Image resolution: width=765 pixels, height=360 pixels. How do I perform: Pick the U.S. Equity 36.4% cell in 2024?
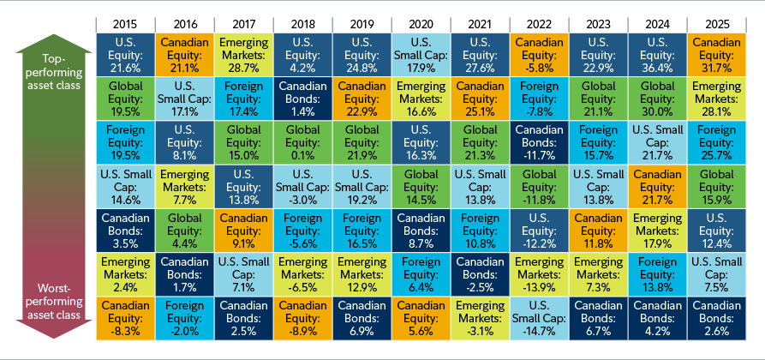(657, 53)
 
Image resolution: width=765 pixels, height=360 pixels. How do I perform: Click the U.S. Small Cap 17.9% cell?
(419, 53)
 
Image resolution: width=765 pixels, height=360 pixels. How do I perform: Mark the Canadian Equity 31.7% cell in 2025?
(716, 53)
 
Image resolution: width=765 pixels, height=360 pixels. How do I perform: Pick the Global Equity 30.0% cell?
(657, 97)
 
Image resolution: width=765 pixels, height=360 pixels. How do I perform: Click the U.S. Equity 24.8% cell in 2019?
(360, 53)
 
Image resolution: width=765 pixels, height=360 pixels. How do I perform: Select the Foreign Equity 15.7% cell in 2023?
(597, 141)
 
